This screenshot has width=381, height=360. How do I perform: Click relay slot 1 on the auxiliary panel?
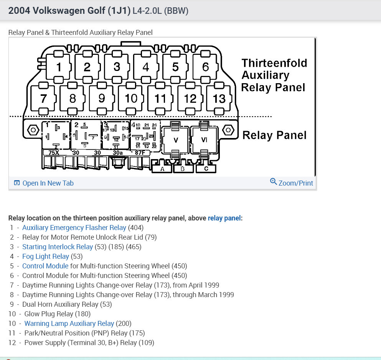59,67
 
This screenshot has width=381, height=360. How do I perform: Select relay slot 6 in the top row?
205,67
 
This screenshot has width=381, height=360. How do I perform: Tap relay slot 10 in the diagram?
131,99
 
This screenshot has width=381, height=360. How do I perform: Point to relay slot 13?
219,99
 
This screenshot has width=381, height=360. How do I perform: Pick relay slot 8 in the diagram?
73,99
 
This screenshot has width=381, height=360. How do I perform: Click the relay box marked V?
176,140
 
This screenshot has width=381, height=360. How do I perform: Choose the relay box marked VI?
204,140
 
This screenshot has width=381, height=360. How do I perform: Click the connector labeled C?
206,169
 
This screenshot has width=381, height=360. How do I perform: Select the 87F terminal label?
140,153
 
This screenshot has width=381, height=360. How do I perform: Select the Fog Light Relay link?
46,256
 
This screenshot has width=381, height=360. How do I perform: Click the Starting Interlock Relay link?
58,247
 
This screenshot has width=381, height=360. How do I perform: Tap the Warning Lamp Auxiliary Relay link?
69,324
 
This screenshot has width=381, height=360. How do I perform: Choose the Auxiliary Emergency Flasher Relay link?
74,228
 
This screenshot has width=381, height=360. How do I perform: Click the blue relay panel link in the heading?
224,218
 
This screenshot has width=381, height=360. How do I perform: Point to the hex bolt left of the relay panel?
33,130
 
